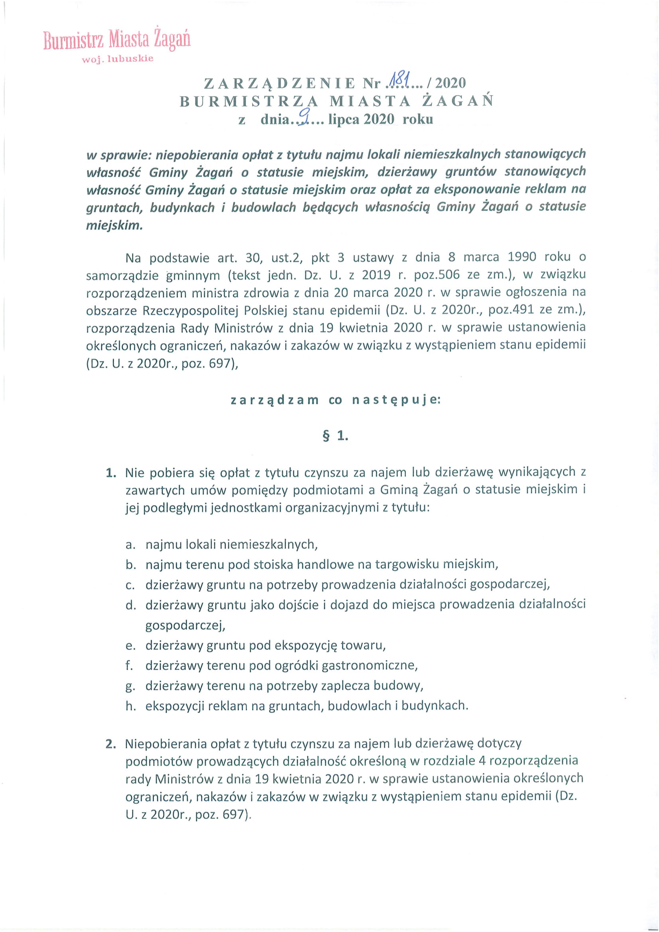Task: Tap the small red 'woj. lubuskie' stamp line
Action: point(118,59)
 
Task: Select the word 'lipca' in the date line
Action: point(344,120)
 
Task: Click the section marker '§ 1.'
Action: point(335,436)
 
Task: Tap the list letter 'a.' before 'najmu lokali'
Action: point(130,544)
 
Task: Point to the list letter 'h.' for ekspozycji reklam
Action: point(130,706)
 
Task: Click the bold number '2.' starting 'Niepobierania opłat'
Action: point(111,744)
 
